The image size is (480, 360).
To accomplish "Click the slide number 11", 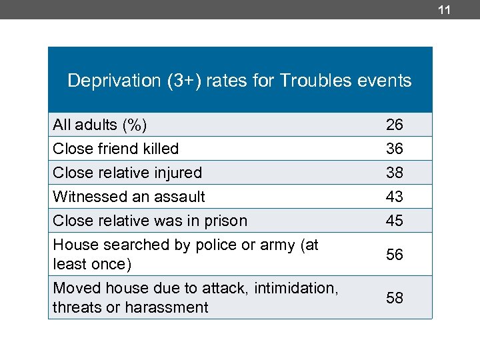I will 445,10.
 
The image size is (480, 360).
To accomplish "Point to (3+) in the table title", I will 175,81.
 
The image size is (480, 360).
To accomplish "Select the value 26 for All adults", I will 394,125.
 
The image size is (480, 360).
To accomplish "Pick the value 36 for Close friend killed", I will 394,149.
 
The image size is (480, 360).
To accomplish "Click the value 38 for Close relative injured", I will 394,173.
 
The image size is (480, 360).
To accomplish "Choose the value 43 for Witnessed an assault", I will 394,197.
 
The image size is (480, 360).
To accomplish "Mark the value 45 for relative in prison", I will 394,221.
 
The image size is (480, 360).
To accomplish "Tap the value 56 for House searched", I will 394,255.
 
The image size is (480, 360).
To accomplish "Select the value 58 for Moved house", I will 394,298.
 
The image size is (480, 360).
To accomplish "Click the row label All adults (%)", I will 100,125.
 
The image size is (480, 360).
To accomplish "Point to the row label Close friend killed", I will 115,149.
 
